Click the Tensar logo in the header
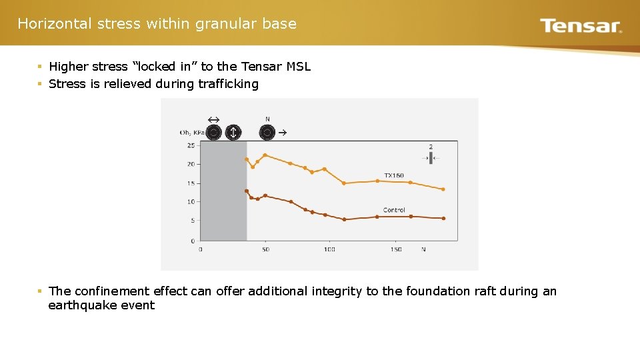click(x=581, y=26)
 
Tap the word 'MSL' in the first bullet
click(x=298, y=67)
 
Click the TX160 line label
click(x=393, y=175)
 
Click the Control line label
click(x=394, y=210)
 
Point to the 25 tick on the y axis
click(x=191, y=145)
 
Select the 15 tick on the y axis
click(x=191, y=183)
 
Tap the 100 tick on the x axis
click(x=329, y=249)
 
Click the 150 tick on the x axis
click(x=396, y=249)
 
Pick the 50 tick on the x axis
click(x=265, y=249)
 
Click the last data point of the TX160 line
click(x=443, y=189)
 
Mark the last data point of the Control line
click(x=443, y=218)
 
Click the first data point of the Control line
click(x=247, y=191)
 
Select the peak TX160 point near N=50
click(x=265, y=155)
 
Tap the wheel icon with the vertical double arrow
click(x=233, y=133)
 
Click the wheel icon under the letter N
click(x=267, y=133)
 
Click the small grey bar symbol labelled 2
click(x=431, y=158)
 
